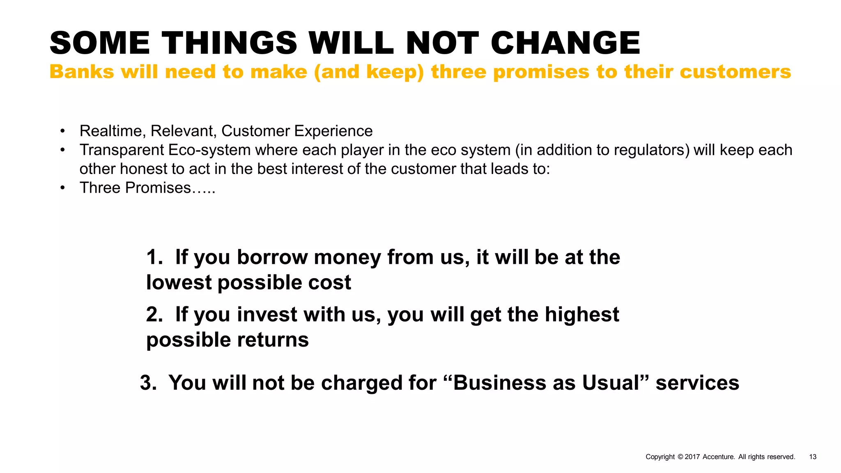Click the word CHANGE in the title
pos(565,43)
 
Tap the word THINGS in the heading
pos(229,43)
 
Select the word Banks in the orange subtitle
pos(81,72)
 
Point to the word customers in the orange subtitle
pos(735,72)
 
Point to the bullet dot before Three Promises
pos(62,188)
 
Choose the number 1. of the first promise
pos(155,257)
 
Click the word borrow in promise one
pos(272,257)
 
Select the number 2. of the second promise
pos(155,315)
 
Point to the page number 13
pos(813,457)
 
